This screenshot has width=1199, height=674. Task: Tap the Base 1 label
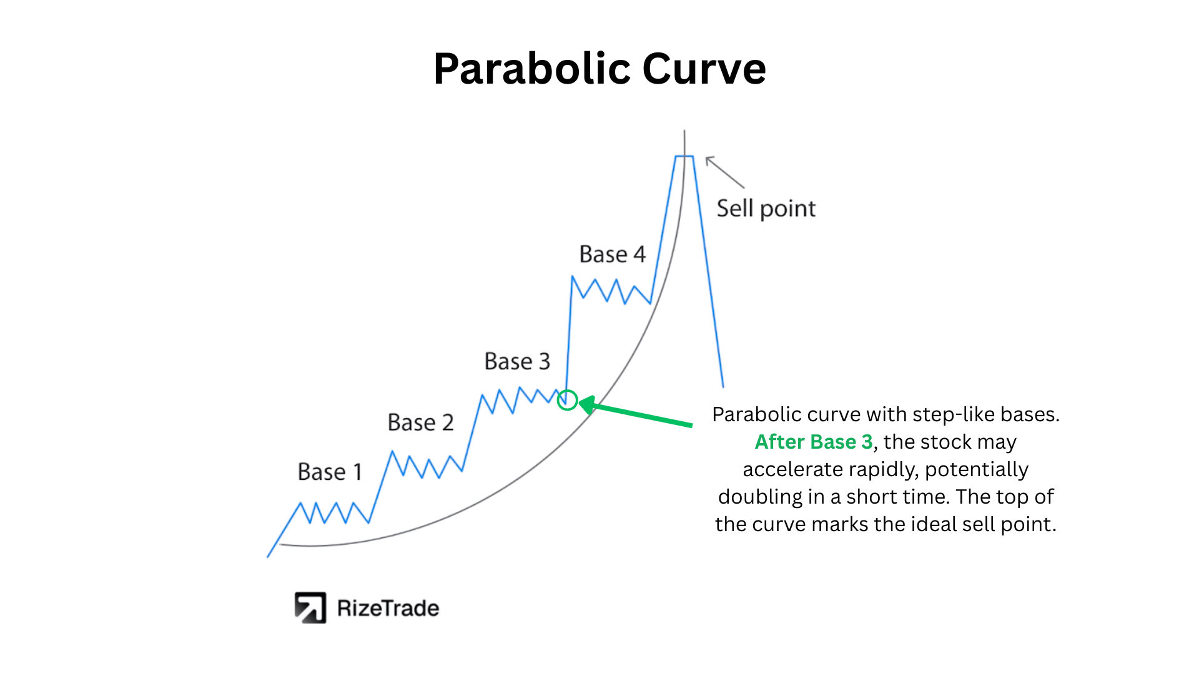[330, 472]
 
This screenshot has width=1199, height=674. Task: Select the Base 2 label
[420, 422]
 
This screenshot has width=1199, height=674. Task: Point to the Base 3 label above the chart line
[517, 361]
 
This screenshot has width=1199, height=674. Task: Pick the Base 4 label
[612, 255]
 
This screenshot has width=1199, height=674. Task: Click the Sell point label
[766, 209]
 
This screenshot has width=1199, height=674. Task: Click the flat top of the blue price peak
[684, 156]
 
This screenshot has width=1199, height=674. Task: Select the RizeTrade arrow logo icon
[310, 608]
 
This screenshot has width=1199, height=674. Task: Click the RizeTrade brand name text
[388, 608]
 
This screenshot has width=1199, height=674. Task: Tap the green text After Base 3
[814, 442]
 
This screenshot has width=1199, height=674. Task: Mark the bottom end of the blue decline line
[723, 387]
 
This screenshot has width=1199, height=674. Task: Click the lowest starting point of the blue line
[268, 557]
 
